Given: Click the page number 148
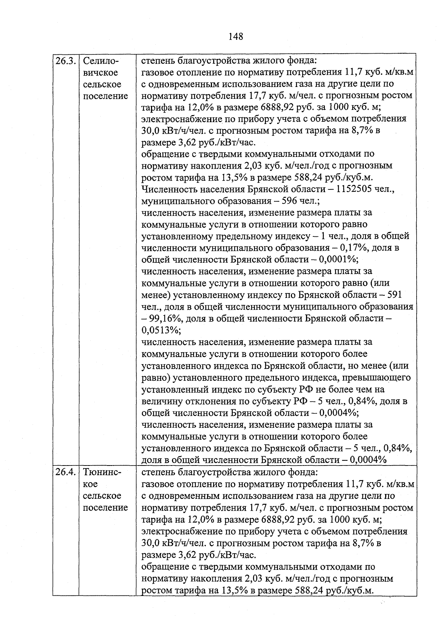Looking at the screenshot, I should point(236,36).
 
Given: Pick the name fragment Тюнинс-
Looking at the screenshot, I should point(102,472).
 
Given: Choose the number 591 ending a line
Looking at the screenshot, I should point(394,295).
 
